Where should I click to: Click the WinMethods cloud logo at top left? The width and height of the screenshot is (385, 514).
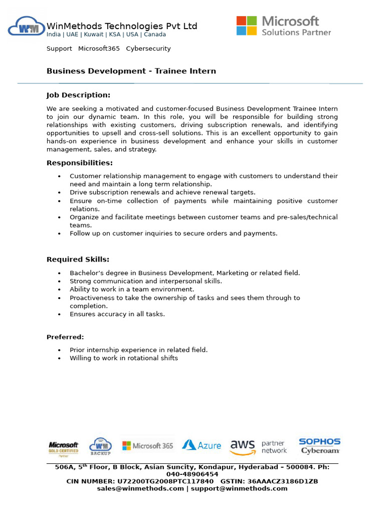[26, 27]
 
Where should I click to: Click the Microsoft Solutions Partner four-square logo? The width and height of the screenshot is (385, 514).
[246, 26]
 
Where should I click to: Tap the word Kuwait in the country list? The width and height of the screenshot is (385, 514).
[94, 35]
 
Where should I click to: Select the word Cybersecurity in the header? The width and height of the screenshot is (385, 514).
[148, 49]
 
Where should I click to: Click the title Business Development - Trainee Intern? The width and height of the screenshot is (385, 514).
[131, 71]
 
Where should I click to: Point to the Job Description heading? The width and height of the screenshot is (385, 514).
[78, 95]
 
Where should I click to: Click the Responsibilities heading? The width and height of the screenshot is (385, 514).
[80, 163]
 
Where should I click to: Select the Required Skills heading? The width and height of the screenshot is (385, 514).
[78, 260]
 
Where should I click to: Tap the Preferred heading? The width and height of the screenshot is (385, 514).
[65, 337]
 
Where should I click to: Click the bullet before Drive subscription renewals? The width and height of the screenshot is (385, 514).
[59, 193]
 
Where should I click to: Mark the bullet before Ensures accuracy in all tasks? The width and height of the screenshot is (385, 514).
[59, 315]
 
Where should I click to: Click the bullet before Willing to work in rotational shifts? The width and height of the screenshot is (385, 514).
[59, 359]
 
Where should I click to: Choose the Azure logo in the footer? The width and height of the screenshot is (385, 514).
[202, 445]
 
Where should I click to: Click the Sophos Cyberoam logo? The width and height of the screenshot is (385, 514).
[319, 446]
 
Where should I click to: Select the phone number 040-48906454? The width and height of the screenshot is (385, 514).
[192, 474]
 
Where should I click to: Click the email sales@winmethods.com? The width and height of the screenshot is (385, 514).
[140, 489]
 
